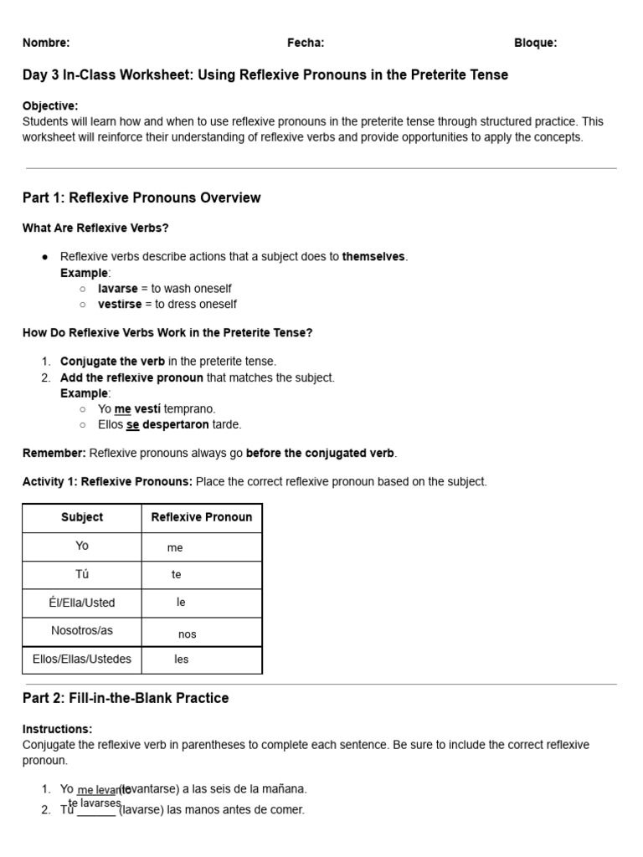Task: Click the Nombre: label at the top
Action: click(x=46, y=43)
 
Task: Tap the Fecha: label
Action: click(x=306, y=43)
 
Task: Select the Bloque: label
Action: click(x=535, y=43)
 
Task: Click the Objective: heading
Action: click(x=50, y=105)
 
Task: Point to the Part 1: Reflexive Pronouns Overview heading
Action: click(x=141, y=198)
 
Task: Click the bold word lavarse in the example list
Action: click(x=117, y=289)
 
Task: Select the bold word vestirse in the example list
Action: click(x=120, y=304)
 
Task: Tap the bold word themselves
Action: click(x=374, y=257)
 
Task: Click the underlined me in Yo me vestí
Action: click(x=122, y=409)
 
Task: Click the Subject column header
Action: click(x=82, y=517)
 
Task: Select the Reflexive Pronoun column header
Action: click(x=201, y=517)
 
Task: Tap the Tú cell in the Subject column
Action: click(x=82, y=574)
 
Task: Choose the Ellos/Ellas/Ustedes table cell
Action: click(x=82, y=659)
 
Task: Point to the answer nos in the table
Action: click(x=187, y=634)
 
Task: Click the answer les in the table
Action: click(x=182, y=659)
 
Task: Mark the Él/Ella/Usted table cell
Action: click(x=82, y=603)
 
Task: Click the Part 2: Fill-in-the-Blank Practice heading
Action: click(x=126, y=698)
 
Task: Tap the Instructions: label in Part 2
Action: click(x=58, y=729)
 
